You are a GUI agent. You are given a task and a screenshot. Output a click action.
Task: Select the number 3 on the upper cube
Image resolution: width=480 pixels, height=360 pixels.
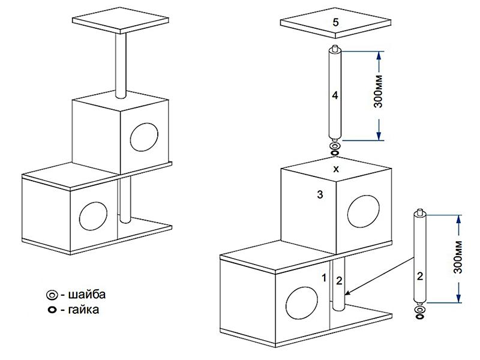[321, 194]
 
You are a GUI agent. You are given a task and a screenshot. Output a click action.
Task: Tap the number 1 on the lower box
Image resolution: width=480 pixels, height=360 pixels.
[324, 278]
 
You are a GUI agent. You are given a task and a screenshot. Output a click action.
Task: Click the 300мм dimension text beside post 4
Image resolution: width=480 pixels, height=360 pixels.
[378, 95]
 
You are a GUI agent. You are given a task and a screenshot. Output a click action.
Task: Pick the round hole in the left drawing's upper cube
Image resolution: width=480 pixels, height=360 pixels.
[144, 137]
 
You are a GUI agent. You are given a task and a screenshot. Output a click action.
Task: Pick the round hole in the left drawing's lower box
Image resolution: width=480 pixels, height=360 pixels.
[93, 216]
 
